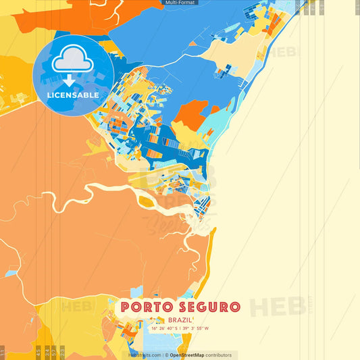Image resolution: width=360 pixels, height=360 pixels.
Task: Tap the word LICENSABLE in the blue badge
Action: (73, 95)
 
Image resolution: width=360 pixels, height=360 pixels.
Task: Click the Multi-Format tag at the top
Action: (180, 3)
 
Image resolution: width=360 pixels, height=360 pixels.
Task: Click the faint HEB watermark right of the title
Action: (277, 307)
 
